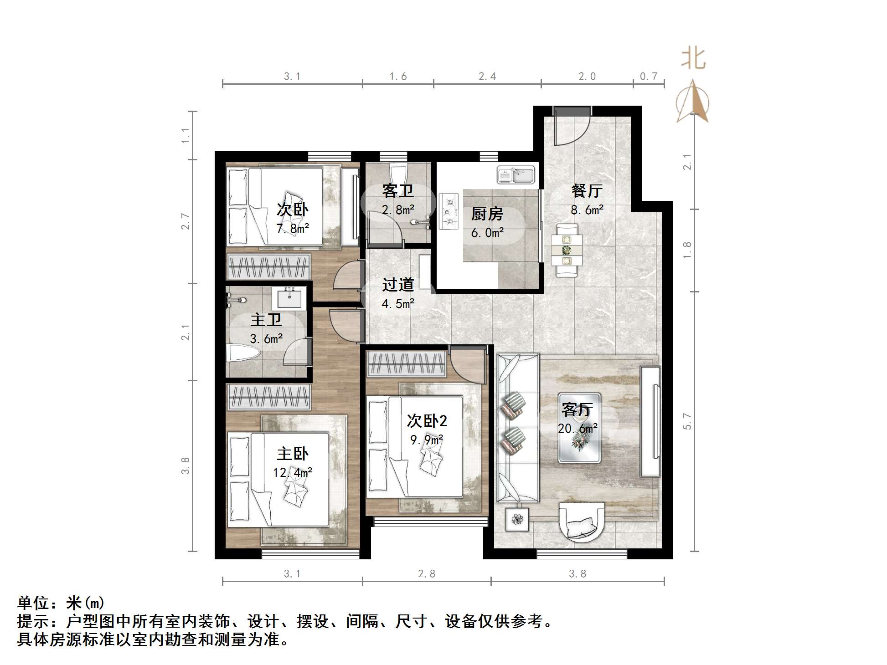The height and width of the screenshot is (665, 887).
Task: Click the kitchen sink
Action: coord(516,175)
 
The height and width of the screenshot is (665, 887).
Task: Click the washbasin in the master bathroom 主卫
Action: coord(289,298)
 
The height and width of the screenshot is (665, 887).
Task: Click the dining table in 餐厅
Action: coord(567,250)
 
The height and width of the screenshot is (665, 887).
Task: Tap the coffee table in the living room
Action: coord(579,428)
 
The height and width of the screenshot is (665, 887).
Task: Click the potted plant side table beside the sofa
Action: coord(517,519)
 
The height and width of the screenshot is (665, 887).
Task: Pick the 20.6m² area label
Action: coord(578,429)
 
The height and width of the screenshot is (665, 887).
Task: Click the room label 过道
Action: coord(398,285)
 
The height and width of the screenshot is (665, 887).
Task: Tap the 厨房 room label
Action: coord(487,214)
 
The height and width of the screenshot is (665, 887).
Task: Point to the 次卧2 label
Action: coord(427,421)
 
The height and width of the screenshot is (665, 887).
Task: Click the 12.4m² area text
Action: coord(292,472)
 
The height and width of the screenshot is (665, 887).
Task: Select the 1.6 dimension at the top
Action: coord(398,77)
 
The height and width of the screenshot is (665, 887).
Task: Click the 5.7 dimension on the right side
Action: coord(687,421)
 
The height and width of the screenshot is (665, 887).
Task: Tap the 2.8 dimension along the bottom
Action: coord(427,574)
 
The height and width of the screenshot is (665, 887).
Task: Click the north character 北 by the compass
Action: coord(693,59)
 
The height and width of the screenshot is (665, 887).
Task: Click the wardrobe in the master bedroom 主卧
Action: coord(269,396)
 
